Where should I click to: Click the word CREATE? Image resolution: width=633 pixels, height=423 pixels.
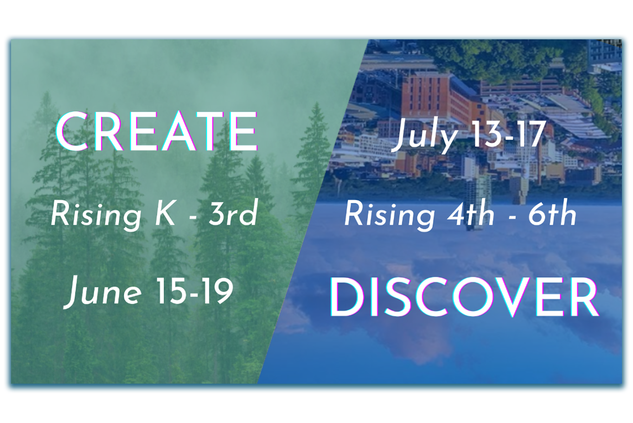(x=157, y=131)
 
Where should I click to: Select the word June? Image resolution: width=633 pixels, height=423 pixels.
(x=103, y=292)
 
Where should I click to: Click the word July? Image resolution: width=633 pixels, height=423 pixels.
(x=425, y=135)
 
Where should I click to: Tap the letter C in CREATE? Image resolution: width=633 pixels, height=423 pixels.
(x=71, y=131)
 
